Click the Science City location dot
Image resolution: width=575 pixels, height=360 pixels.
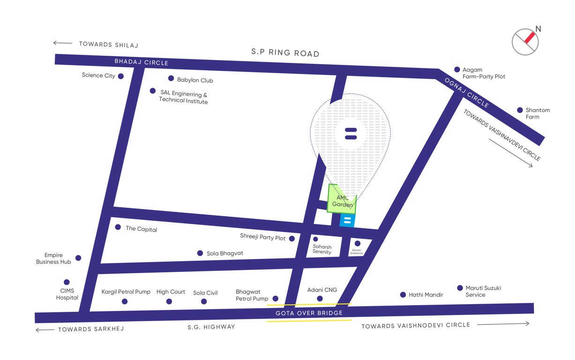(x=121, y=76)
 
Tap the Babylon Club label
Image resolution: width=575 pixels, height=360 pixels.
(x=195, y=80)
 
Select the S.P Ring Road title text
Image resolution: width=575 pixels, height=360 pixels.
(x=285, y=53)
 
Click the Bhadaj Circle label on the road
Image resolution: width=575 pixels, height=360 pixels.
(x=141, y=62)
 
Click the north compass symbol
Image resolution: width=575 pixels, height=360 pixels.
(x=526, y=41)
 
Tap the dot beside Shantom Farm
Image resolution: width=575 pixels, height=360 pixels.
(x=520, y=110)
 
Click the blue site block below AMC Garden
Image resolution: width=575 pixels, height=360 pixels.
(x=347, y=220)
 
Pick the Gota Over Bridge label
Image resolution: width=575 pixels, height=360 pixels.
(x=309, y=313)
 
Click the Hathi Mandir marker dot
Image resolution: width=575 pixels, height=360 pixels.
(x=403, y=295)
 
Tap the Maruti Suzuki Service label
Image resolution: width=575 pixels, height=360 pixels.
(x=483, y=291)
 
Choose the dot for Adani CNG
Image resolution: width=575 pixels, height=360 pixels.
(x=320, y=299)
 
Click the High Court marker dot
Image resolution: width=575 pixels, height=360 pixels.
(x=169, y=301)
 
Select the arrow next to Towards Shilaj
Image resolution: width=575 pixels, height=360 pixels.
(x=62, y=43)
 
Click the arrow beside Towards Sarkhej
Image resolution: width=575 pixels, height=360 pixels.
(x=45, y=330)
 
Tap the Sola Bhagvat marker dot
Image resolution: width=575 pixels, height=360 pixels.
(x=200, y=253)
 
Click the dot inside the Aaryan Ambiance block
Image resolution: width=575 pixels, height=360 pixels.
(x=358, y=243)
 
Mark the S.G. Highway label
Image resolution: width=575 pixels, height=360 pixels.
(x=211, y=327)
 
